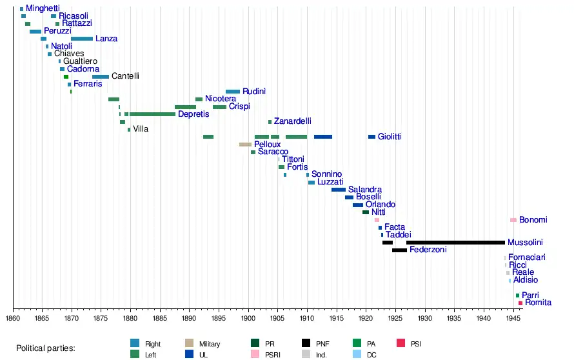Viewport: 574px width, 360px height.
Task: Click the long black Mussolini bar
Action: (455, 243)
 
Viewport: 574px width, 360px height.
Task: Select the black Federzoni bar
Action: (399, 250)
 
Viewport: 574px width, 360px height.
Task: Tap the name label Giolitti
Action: (390, 137)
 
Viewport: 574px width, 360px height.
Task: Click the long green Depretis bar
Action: (152, 114)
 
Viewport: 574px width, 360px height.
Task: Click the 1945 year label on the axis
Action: (513, 318)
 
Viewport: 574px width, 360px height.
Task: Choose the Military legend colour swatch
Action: (190, 344)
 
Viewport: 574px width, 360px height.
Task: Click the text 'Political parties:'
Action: (46, 348)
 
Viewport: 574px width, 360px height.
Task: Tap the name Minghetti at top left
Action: (43, 8)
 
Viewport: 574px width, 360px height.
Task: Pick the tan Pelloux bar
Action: (245, 145)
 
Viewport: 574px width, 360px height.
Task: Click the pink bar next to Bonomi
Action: (513, 220)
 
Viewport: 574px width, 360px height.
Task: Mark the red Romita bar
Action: (520, 303)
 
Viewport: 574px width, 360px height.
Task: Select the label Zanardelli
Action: (292, 121)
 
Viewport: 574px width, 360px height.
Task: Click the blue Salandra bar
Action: (339, 190)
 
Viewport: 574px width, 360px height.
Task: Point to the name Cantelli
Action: (125, 76)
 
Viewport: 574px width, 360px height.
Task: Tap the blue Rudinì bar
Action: (233, 92)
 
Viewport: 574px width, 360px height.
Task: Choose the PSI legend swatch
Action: (401, 344)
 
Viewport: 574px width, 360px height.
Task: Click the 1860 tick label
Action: (13, 318)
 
